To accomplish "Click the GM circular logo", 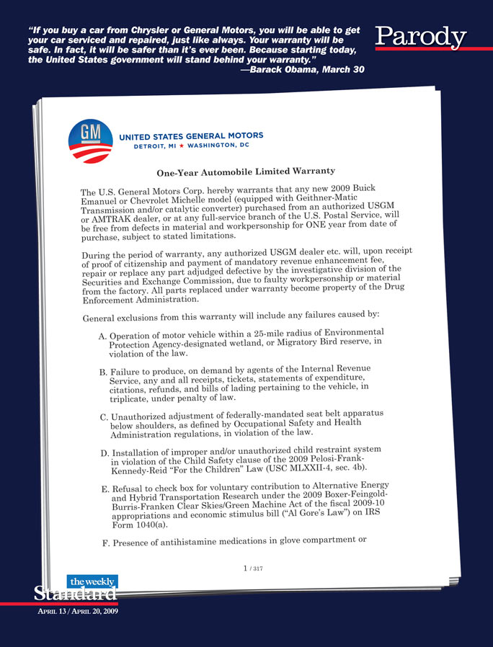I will tap(90, 143).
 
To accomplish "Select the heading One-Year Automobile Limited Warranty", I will tap(246, 173).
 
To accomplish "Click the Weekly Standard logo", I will tap(76, 588).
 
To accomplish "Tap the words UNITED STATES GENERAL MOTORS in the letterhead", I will tap(190, 135).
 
